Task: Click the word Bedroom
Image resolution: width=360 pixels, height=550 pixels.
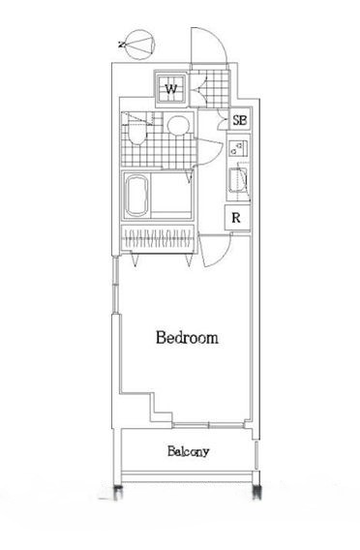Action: tap(187, 338)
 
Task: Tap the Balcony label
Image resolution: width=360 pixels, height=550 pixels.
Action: tap(188, 452)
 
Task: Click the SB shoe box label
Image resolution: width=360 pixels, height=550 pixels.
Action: tap(239, 121)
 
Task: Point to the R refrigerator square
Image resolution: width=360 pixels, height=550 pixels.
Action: tap(236, 218)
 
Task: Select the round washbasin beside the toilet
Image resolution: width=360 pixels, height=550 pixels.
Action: tap(177, 126)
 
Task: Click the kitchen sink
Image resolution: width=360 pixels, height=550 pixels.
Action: tap(239, 182)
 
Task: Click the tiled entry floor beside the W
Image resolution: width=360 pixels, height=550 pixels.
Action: tap(208, 92)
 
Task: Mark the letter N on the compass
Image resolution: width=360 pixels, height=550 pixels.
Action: tap(122, 44)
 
